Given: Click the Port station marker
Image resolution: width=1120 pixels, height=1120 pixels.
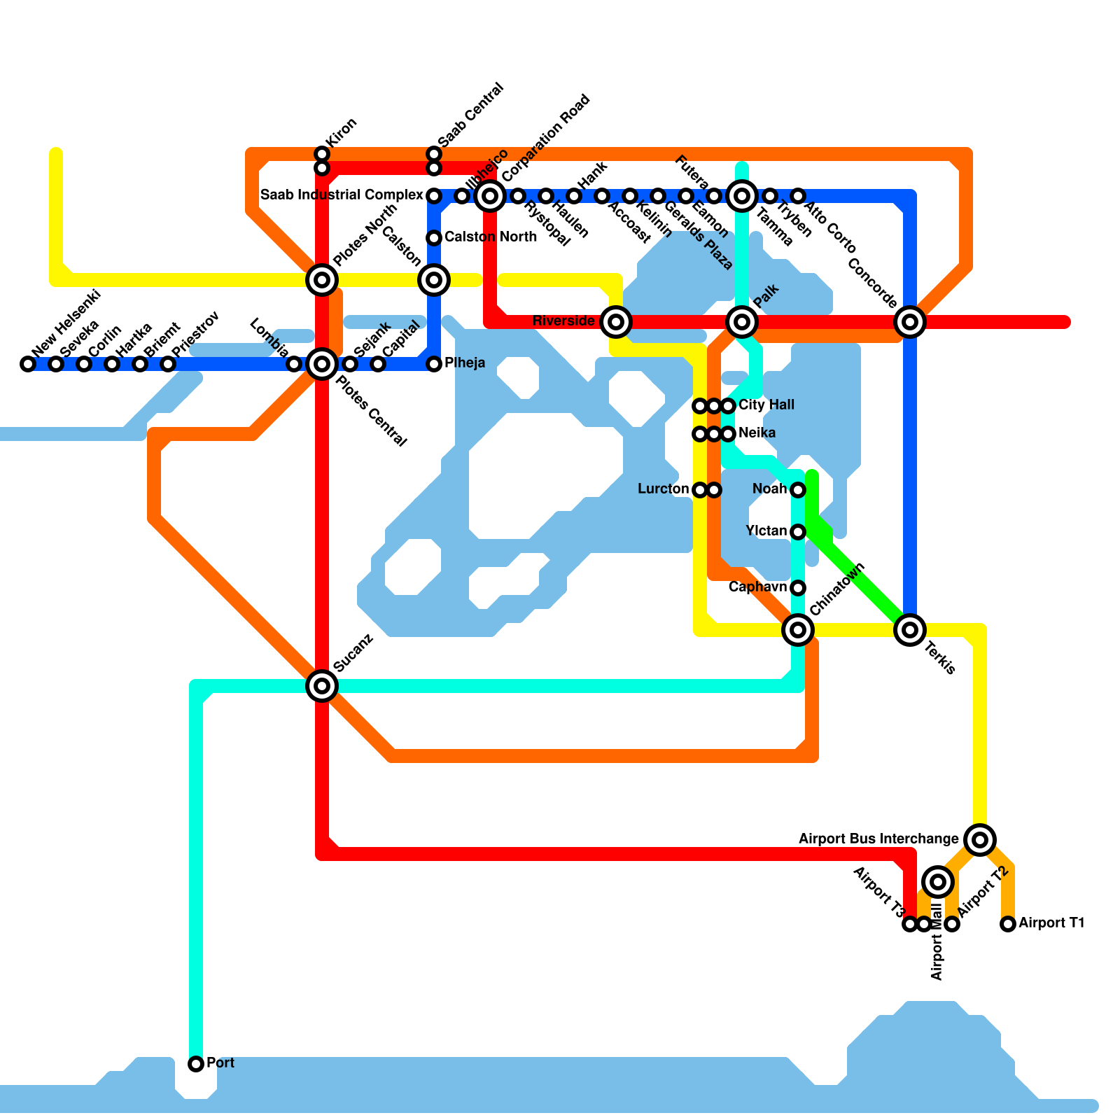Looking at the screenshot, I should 196,1064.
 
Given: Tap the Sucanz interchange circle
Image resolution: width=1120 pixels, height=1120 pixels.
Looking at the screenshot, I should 322,686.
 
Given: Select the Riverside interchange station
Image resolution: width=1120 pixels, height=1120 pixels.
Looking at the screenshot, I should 616,322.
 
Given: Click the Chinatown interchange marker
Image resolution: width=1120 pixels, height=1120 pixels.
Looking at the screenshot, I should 798,630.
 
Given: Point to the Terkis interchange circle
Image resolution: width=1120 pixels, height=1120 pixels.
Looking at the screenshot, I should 910,630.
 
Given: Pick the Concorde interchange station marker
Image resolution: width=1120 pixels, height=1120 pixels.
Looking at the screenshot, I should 910,322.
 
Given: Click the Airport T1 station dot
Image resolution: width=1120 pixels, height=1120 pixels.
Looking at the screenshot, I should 1008,924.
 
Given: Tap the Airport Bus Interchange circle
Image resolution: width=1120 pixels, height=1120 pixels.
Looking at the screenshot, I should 980,839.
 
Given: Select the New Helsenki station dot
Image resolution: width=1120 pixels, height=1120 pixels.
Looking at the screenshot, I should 28,364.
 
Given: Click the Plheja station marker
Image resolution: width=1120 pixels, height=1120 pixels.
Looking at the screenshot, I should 434,364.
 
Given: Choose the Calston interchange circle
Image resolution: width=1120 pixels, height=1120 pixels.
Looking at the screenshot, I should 434,280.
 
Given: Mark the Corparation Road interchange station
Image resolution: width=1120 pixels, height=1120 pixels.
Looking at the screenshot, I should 490,196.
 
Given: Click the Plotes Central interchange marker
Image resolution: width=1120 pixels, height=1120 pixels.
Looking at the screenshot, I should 322,364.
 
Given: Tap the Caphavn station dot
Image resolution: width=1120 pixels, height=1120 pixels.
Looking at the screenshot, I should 798,588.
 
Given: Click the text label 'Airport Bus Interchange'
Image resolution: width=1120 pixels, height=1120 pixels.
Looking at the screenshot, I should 878,839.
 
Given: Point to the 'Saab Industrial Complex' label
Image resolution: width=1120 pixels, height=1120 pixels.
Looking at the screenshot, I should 342,195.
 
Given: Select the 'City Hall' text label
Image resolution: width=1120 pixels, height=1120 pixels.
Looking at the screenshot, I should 766,405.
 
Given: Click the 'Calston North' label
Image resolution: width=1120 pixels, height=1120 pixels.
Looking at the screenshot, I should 491,237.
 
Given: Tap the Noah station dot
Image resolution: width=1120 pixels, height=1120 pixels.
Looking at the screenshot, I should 798,490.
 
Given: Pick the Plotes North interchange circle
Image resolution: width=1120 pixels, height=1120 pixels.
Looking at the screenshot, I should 322,280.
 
